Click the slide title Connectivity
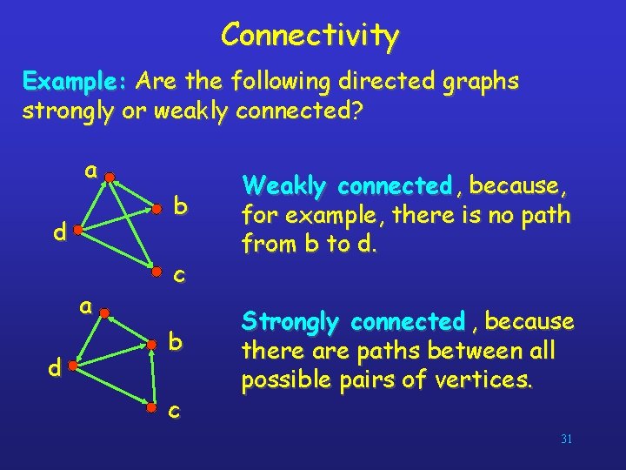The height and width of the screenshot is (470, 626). point(310,36)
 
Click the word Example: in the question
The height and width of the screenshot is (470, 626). point(76,83)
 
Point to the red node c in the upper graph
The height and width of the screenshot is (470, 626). point(156,272)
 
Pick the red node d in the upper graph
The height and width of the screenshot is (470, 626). point(77,232)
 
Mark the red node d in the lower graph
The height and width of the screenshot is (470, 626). point(73,368)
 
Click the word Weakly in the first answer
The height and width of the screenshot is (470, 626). point(286,186)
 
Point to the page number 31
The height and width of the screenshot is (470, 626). point(566,440)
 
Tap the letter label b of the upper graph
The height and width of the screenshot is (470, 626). point(180,207)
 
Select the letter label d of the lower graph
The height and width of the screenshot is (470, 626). point(54,368)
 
